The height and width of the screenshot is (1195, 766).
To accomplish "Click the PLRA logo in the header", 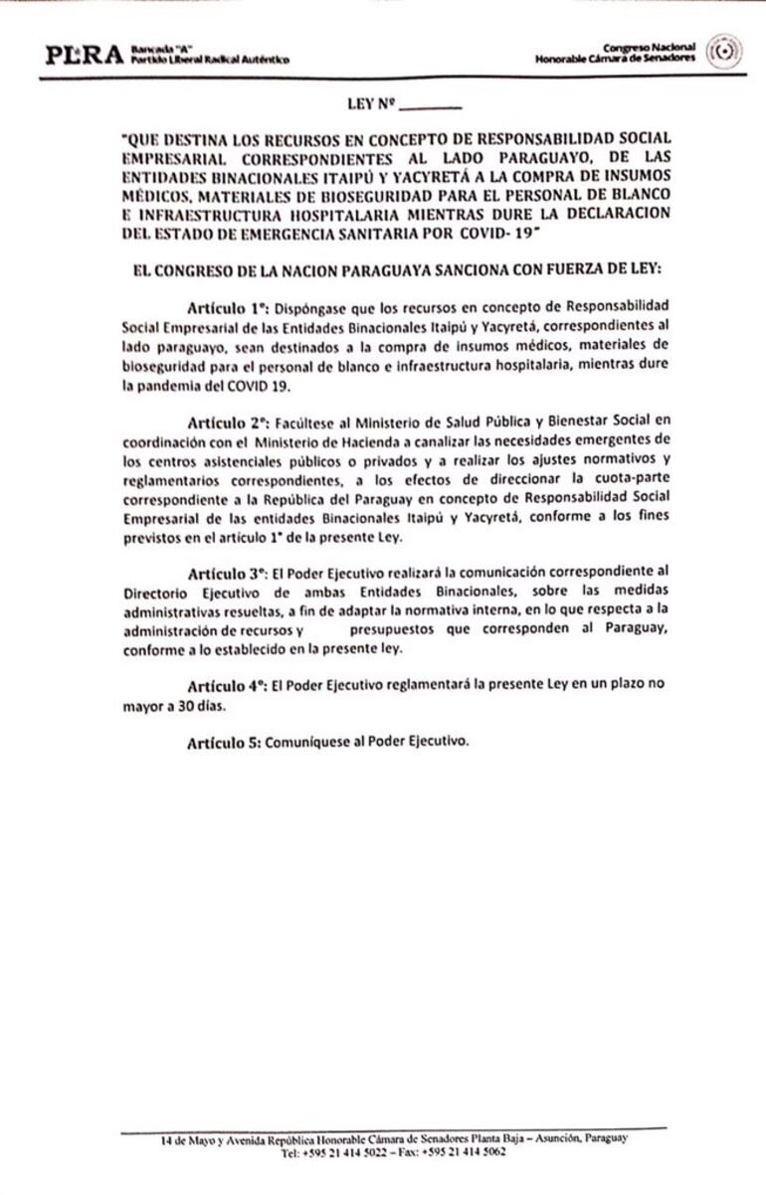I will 84,55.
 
